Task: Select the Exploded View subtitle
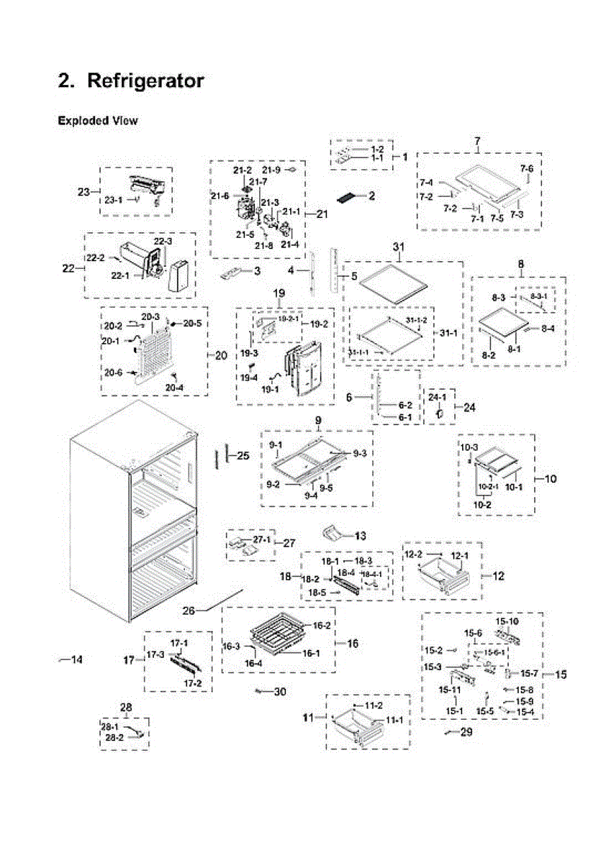98,121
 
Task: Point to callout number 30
280,692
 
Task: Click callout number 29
467,732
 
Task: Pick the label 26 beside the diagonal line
189,611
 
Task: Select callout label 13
360,536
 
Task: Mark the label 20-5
192,324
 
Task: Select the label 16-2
321,626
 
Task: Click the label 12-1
459,555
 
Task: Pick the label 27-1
261,539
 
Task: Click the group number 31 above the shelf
398,247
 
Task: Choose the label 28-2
114,738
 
